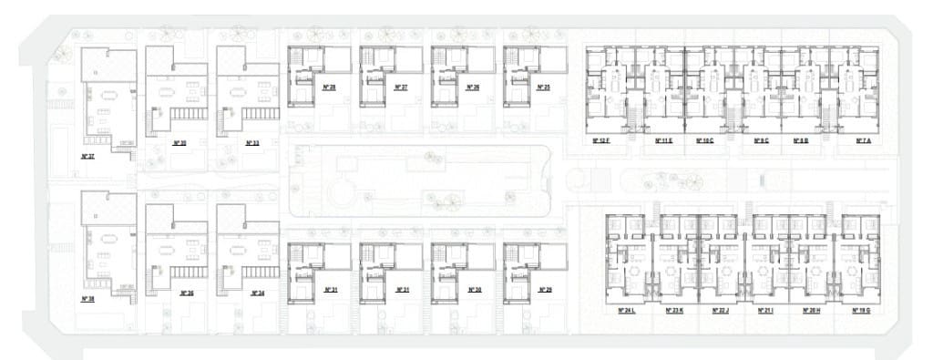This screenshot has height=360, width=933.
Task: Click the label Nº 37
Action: pos(88,156)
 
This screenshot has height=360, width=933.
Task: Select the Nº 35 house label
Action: pos(179,143)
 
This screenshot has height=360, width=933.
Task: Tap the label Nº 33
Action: pos(252,143)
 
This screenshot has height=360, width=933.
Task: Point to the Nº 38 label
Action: pos(88,299)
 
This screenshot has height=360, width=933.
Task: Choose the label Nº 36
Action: pos(187,293)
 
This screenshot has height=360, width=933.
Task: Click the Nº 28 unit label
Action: pos(329,87)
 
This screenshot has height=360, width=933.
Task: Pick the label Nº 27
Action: pos(401,87)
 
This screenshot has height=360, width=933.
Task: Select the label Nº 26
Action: pos(472,87)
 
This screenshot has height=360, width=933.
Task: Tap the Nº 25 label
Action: pos(544,87)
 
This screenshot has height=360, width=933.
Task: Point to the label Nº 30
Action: pos(473,290)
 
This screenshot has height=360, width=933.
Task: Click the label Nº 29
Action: pos(545,290)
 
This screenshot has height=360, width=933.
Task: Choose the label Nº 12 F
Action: pos(601,141)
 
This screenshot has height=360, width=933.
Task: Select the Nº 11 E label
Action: pos(662,141)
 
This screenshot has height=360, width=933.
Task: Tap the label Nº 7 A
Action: pos(863,141)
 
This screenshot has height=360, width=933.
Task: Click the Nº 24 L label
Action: pos(627,311)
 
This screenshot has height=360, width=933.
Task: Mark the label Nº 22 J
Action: pos(719,311)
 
